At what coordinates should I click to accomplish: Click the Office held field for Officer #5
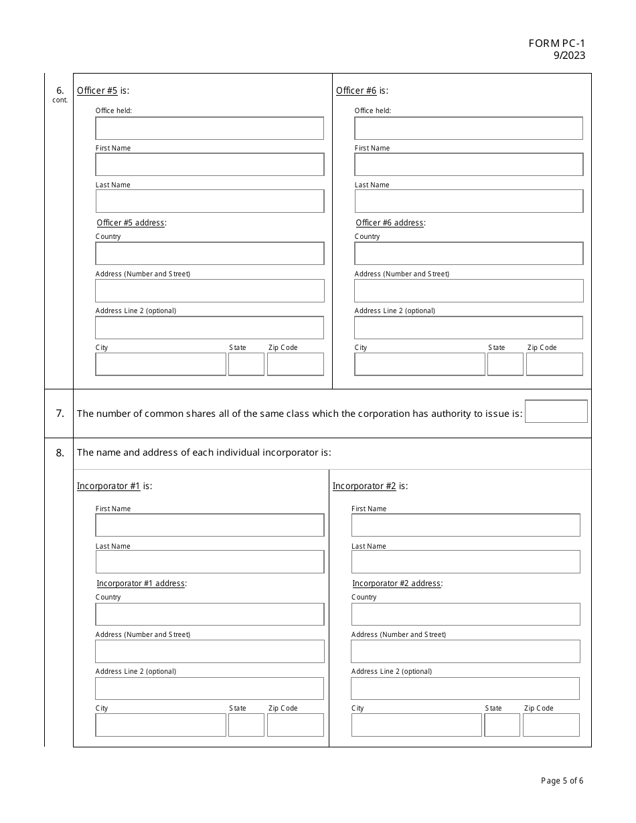pyautogui.click(x=210, y=128)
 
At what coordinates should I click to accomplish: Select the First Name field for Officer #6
pyautogui.click(x=469, y=165)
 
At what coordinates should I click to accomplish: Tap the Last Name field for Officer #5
pyautogui.click(x=210, y=201)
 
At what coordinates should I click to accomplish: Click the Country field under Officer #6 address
pyautogui.click(x=469, y=254)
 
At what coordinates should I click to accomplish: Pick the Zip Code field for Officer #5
pyautogui.click(x=295, y=365)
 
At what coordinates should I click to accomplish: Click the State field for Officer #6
pyautogui.click(x=505, y=365)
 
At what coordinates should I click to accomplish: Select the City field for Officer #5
pyautogui.click(x=161, y=365)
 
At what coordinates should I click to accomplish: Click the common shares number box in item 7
pyautogui.click(x=556, y=411)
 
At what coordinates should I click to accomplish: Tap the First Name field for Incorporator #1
pyautogui.click(x=210, y=525)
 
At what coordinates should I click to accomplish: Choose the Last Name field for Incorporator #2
pyautogui.click(x=466, y=562)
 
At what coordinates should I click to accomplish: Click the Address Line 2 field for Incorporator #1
pyautogui.click(x=210, y=689)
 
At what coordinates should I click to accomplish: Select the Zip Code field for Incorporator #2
pyautogui.click(x=551, y=725)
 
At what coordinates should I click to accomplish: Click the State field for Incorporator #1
pyautogui.click(x=246, y=725)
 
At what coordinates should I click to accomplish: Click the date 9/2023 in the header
pyautogui.click(x=569, y=56)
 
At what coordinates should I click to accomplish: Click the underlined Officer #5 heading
pyautogui.click(x=97, y=91)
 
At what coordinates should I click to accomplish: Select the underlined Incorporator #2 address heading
pyautogui.click(x=396, y=583)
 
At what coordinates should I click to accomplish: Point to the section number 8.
pyautogui.click(x=60, y=453)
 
